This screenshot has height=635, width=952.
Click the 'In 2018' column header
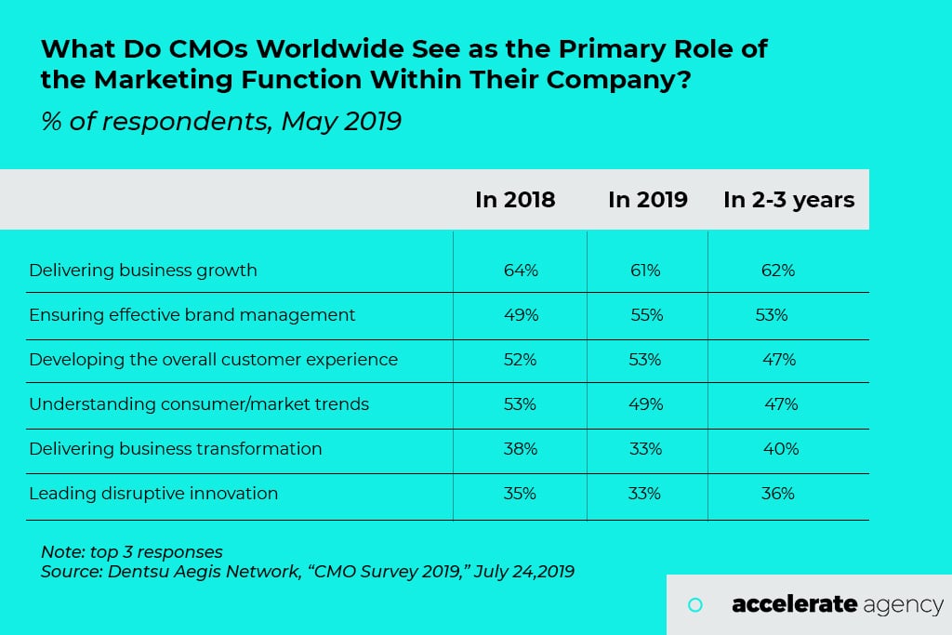pyautogui.click(x=515, y=200)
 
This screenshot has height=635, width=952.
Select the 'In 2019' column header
pyautogui.click(x=648, y=200)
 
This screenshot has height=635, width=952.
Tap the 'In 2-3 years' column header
pyautogui.click(x=788, y=200)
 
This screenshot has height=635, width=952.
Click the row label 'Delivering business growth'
pyautogui.click(x=143, y=271)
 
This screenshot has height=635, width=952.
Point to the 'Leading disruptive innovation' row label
pyautogui.click(x=153, y=494)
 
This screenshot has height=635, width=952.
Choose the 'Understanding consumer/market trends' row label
pyautogui.click(x=199, y=404)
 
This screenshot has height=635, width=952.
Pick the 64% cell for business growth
pyautogui.click(x=521, y=271)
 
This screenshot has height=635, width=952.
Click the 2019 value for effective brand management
pyautogui.click(x=646, y=315)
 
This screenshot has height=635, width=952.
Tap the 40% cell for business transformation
pyautogui.click(x=780, y=449)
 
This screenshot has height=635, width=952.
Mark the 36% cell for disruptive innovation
pyautogui.click(x=778, y=494)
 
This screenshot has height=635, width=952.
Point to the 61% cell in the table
pyautogui.click(x=645, y=271)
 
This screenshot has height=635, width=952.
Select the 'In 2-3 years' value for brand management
pyautogui.click(x=772, y=315)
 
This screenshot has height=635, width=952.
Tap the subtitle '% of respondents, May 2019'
pyautogui.click(x=221, y=121)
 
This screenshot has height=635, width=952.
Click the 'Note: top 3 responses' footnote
pyautogui.click(x=132, y=551)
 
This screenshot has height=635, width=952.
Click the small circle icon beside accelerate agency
pyautogui.click(x=694, y=605)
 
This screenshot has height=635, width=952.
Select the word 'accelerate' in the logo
pyautogui.click(x=794, y=605)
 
